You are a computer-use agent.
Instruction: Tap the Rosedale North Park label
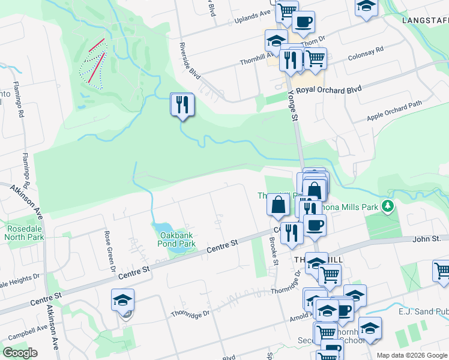(25, 233)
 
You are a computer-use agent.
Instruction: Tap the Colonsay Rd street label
(366, 55)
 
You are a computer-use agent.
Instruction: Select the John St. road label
(427, 239)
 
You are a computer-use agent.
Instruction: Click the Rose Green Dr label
(110, 252)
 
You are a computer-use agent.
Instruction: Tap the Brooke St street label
(274, 253)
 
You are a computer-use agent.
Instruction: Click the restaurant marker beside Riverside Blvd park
(182, 105)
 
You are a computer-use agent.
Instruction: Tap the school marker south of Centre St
(122, 300)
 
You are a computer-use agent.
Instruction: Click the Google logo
(20, 353)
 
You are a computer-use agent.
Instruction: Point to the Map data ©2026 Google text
(412, 355)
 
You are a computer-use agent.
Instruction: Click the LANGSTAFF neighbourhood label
(425, 21)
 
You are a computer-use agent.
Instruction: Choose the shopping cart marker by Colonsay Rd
(315, 59)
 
